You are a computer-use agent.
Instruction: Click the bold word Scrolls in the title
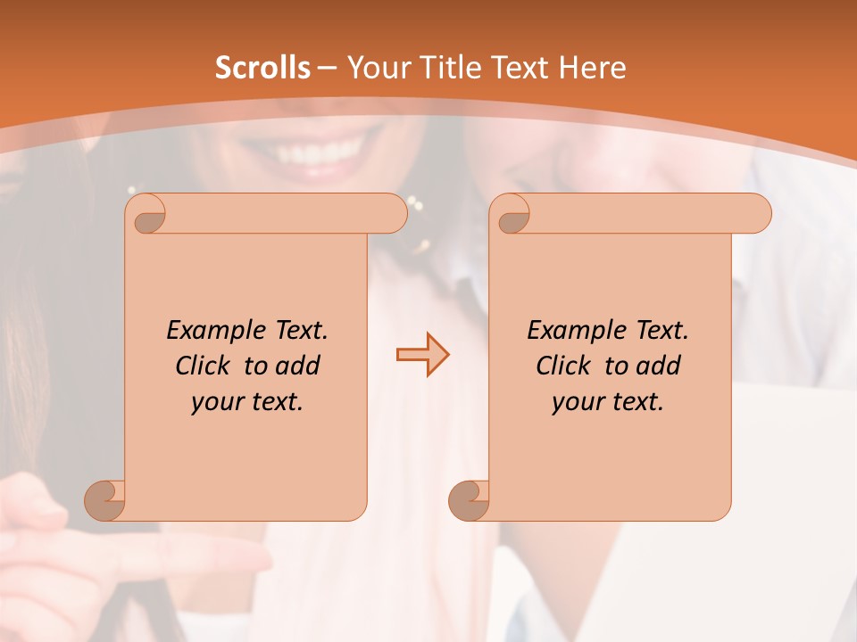pyautogui.click(x=262, y=68)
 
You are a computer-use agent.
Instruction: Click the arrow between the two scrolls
pyautogui.click(x=422, y=355)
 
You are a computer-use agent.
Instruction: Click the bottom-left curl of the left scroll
pyautogui.click(x=104, y=500)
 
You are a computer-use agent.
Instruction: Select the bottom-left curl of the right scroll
pyautogui.click(x=469, y=500)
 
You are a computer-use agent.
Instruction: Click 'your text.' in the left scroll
pyautogui.click(x=247, y=402)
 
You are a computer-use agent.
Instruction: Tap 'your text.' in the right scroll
pyautogui.click(x=608, y=402)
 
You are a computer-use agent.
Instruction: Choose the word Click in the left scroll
pyautogui.click(x=205, y=366)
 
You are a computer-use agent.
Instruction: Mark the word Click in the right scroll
pyautogui.click(x=566, y=366)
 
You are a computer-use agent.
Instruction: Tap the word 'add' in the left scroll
pyautogui.click(x=298, y=366)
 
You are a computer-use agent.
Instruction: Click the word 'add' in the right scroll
pyautogui.click(x=659, y=366)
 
